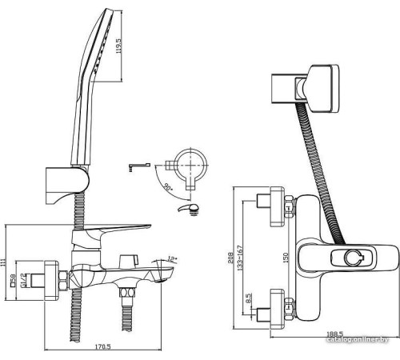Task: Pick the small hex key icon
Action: pos(137,166)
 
